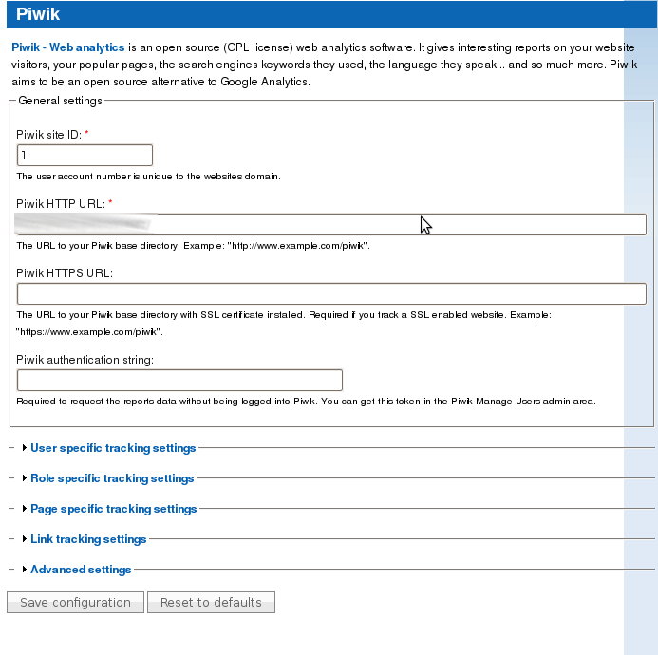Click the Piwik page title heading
coord(38,14)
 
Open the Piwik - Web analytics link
coord(67,47)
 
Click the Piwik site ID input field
coord(85,155)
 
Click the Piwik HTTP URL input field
coord(331,224)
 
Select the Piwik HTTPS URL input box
coord(331,293)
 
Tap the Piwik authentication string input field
coord(179,381)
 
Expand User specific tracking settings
coord(113,448)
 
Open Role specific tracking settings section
coord(112,478)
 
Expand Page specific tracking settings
coord(113,509)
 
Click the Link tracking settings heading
coord(88,539)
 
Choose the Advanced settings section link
coord(81,570)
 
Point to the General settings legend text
coord(60,101)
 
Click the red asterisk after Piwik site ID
coord(86,134)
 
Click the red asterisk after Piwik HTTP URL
coord(110,202)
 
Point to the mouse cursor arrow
coord(424,224)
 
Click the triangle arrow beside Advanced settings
coord(24,570)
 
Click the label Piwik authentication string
coord(85,360)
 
